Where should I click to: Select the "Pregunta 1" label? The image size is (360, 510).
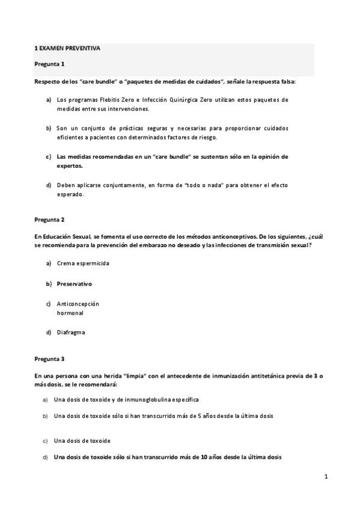point(49,64)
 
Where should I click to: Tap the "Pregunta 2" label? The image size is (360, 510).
point(49,220)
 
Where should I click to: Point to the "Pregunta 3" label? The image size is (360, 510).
point(49,359)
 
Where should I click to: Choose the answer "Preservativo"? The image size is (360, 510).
point(74,283)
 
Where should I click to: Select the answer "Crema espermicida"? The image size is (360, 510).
point(83,263)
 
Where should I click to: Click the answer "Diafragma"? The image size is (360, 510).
point(71,332)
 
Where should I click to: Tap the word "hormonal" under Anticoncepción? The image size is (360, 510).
point(70,313)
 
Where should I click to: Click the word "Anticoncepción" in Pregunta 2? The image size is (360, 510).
point(78,304)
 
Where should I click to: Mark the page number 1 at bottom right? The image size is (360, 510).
point(326,478)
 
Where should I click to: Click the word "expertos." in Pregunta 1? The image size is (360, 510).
point(69,165)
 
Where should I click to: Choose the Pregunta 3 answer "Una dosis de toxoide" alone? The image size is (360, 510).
point(82,441)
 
